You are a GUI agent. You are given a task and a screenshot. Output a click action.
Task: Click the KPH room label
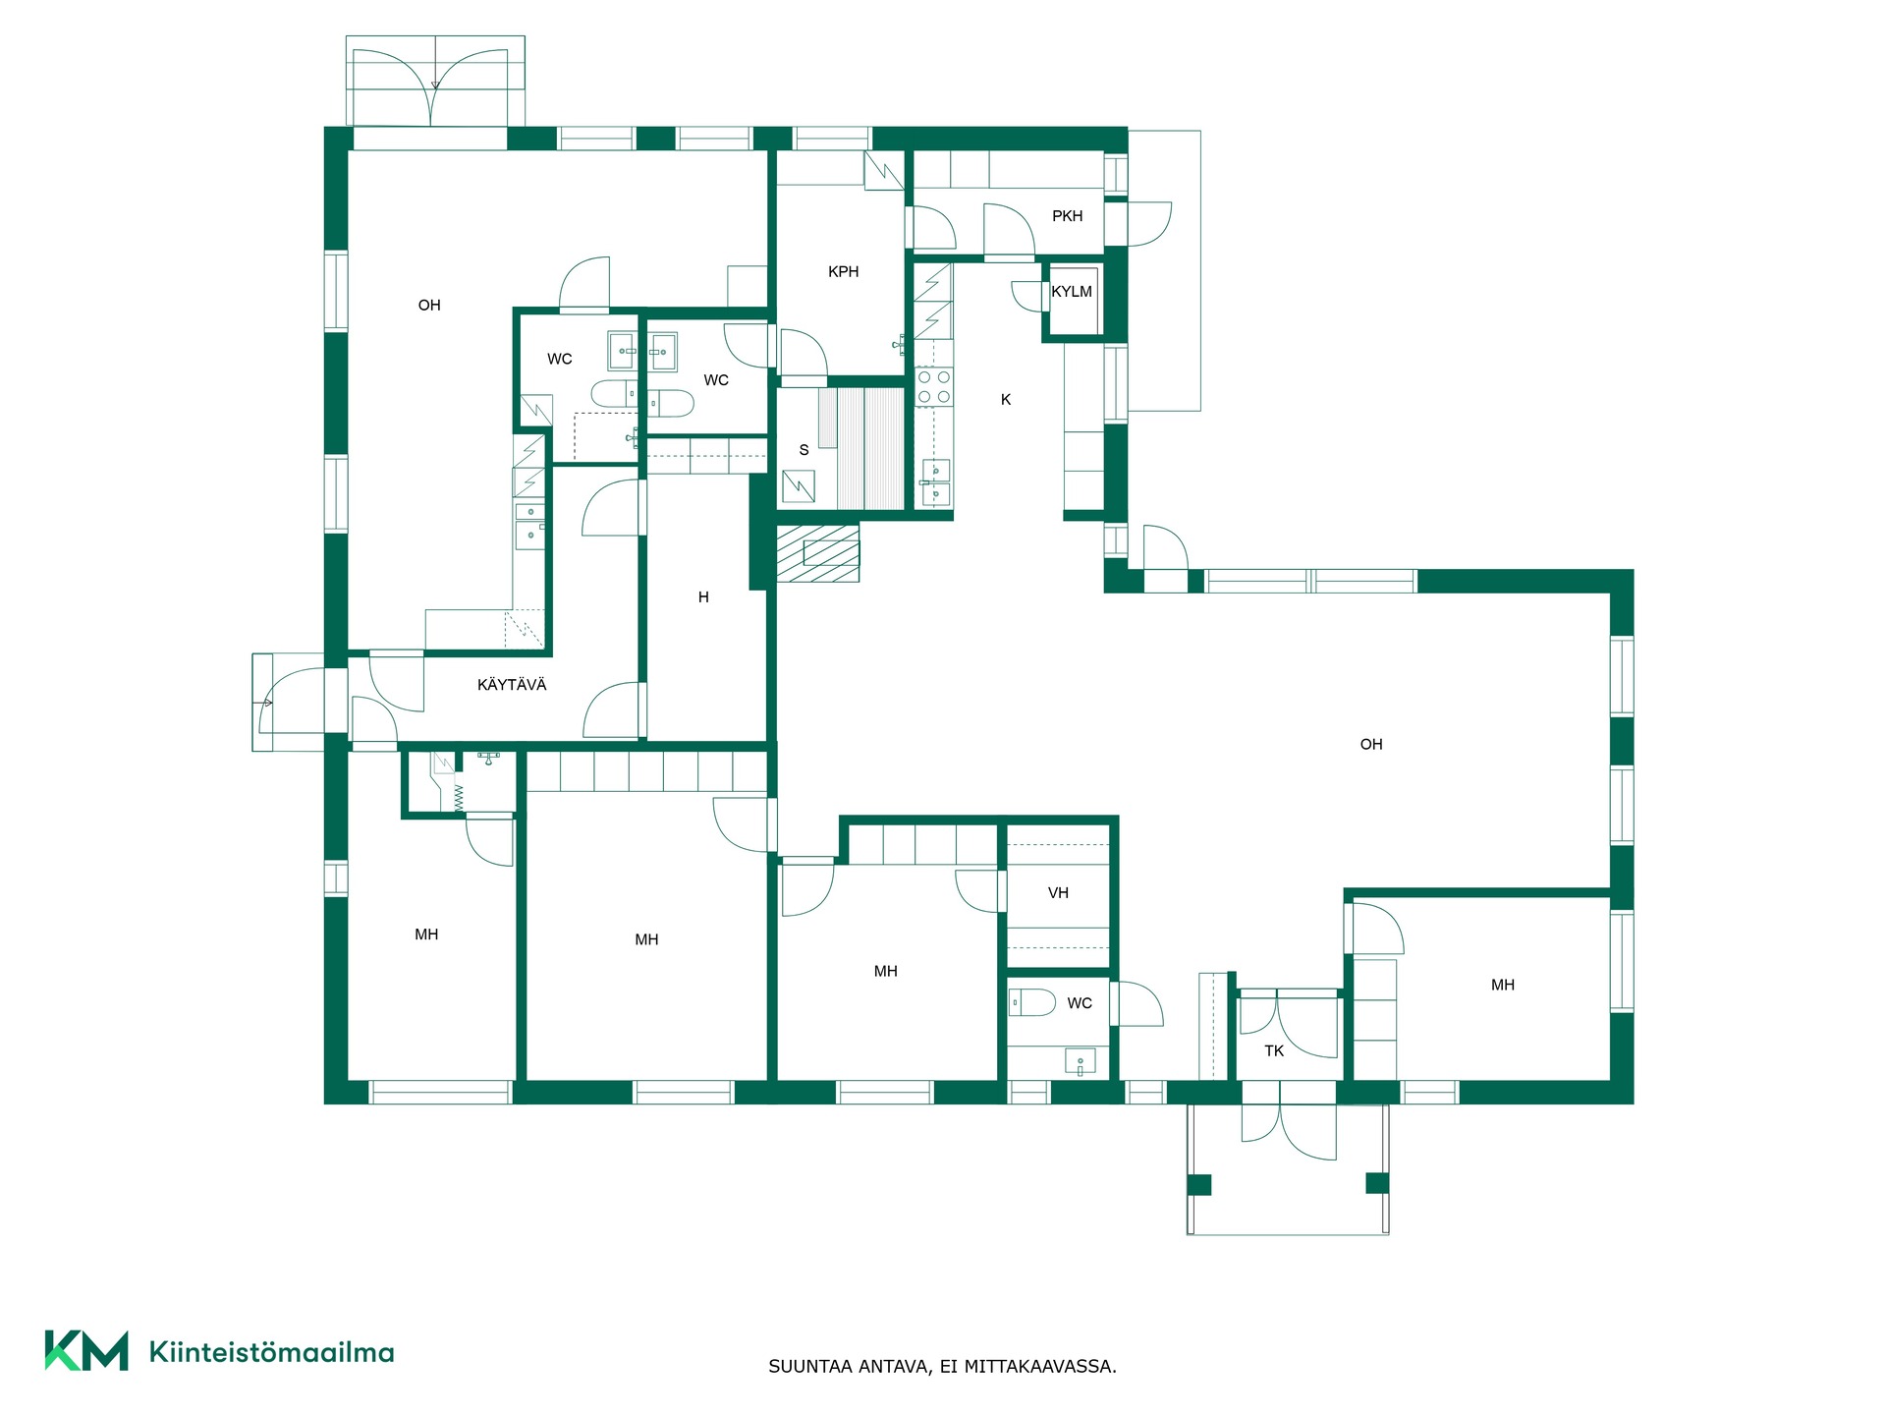click(843, 272)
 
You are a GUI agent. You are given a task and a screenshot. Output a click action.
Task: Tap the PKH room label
click(1067, 216)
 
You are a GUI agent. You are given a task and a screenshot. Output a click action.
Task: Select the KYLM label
click(1072, 292)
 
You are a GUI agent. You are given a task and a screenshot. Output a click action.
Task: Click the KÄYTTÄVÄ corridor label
click(512, 685)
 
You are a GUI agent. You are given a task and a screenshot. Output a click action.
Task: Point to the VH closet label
click(1058, 893)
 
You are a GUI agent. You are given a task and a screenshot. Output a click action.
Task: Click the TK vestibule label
click(1274, 1051)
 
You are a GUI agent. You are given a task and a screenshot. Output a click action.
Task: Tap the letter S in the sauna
click(804, 450)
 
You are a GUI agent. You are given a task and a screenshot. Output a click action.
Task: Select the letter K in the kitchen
click(1006, 400)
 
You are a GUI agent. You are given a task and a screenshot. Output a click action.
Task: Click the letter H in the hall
click(703, 597)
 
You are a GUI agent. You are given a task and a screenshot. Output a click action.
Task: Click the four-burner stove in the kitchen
click(933, 386)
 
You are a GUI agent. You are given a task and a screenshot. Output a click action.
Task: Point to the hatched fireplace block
click(818, 553)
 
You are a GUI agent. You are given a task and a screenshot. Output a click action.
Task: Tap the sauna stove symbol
click(799, 486)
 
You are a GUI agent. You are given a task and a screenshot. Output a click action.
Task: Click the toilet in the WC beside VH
click(1032, 1002)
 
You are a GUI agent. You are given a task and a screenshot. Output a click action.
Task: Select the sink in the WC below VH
click(1081, 1062)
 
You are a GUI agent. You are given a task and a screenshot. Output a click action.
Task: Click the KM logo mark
click(86, 1350)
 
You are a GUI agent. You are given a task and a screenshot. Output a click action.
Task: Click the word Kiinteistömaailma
click(272, 1352)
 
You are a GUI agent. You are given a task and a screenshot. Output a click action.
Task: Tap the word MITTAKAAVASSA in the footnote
click(1040, 1367)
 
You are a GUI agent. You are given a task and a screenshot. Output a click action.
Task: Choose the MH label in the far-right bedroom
click(1503, 986)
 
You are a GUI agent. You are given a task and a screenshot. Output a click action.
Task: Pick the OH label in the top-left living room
click(429, 306)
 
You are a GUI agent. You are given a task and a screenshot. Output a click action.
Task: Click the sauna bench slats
click(861, 448)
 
